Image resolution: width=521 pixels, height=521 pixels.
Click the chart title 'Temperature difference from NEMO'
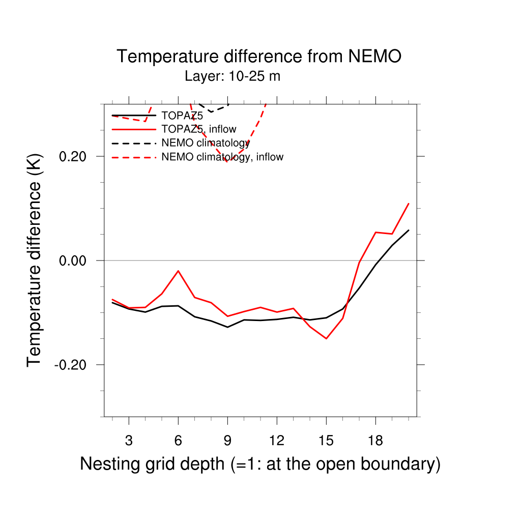[x=259, y=56]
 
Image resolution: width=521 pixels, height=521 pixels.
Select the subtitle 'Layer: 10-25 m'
[x=233, y=77]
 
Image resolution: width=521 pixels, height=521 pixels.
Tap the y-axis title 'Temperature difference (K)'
[x=34, y=260]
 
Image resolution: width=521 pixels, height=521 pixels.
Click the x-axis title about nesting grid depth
[x=260, y=464]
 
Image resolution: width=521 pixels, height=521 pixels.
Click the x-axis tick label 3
[x=129, y=441]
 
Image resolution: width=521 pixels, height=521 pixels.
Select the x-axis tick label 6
[x=178, y=441]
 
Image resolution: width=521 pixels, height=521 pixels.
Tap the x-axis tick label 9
[x=227, y=441]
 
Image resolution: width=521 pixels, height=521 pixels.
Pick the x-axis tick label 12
[x=277, y=441]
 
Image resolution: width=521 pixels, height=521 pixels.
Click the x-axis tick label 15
[x=326, y=441]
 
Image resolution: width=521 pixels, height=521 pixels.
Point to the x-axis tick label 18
[x=375, y=441]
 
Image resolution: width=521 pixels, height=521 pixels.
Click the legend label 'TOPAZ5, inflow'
[x=198, y=129]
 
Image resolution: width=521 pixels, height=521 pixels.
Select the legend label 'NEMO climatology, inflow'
[x=222, y=157]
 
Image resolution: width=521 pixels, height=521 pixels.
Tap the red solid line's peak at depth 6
[x=178, y=271]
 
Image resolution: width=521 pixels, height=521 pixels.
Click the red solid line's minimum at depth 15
[x=326, y=338]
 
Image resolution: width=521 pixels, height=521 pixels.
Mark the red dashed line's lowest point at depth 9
[x=227, y=161]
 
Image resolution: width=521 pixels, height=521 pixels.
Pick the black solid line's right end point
[x=409, y=230]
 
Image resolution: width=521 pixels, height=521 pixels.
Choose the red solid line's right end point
[x=409, y=204]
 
